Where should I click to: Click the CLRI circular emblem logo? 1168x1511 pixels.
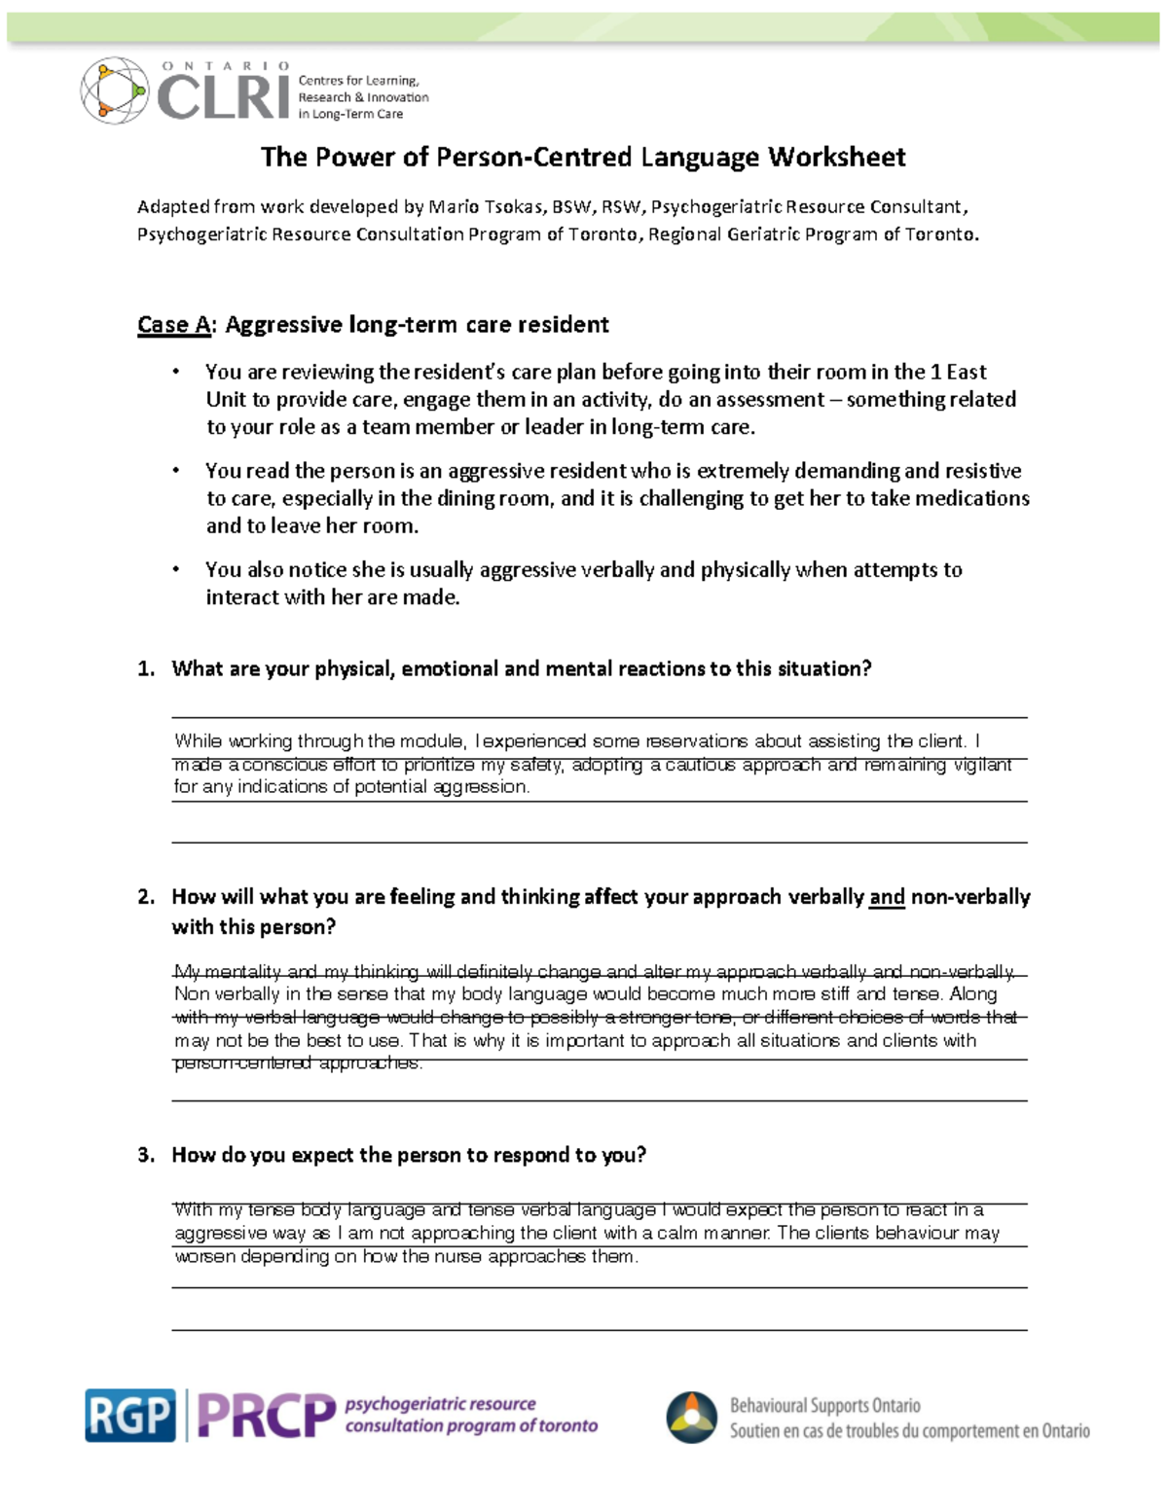click(114, 90)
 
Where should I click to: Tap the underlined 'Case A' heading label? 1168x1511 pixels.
click(173, 325)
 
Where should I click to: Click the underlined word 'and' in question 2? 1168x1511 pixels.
click(887, 897)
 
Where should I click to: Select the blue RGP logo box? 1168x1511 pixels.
click(129, 1416)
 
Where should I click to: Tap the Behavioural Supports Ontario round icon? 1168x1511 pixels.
click(692, 1417)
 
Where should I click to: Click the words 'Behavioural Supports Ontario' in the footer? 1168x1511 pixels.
click(824, 1406)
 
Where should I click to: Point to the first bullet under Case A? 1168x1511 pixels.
click(176, 373)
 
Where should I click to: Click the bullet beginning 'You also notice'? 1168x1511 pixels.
click(176, 570)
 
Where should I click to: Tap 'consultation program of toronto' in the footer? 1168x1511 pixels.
click(471, 1427)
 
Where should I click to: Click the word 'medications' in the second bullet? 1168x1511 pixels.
click(975, 499)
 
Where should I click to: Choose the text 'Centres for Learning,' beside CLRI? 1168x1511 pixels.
click(358, 81)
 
